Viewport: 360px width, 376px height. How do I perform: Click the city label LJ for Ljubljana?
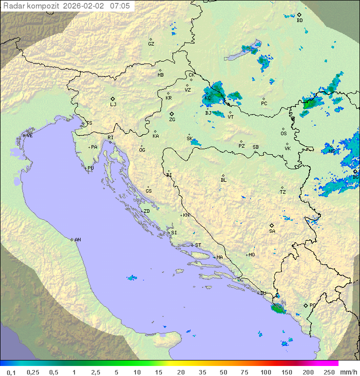coord(113,105)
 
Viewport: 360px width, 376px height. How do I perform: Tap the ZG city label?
coord(172,120)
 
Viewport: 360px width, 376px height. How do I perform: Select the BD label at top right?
coord(299,21)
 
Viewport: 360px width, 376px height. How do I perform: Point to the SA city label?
coord(272,231)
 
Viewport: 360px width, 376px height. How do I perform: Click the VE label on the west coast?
coord(29,136)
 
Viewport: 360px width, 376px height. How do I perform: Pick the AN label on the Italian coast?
coord(77,240)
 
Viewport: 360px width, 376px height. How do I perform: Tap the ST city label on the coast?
coord(198,245)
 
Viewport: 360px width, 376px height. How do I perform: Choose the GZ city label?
coord(151,44)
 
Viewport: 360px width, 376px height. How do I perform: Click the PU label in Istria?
coord(90,168)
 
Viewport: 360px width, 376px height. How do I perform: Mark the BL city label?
coord(223,180)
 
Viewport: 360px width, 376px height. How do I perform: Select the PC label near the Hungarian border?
coord(264,104)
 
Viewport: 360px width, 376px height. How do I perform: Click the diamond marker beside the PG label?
coord(305,305)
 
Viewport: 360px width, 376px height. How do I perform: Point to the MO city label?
coord(251,255)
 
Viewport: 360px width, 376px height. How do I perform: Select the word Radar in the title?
coord(13,6)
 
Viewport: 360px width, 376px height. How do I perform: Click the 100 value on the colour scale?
coord(265,372)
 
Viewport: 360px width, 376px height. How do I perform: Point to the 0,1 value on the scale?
coord(11,372)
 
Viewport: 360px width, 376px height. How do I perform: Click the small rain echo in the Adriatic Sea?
coord(131,277)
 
